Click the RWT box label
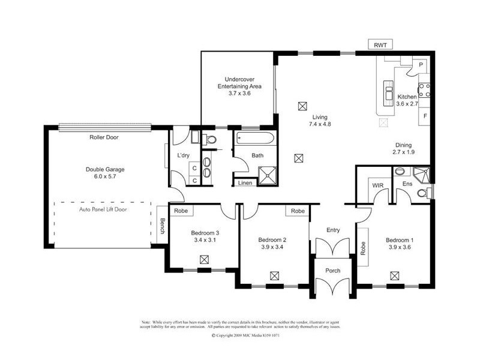click(379, 45)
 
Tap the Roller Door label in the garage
click(104, 137)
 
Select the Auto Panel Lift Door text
click(103, 210)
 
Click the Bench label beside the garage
click(161, 224)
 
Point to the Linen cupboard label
click(244, 183)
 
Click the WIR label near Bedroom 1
click(377, 185)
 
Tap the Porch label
click(332, 271)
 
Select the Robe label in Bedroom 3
click(180, 211)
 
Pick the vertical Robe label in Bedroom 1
click(364, 248)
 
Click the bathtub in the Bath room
click(255, 140)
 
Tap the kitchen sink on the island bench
click(389, 94)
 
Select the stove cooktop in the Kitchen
click(424, 90)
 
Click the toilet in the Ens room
click(424, 193)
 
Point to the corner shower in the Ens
click(423, 173)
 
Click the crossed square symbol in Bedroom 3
click(205, 259)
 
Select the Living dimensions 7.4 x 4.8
click(320, 124)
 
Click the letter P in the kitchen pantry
click(421, 64)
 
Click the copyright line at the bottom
click(246, 336)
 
